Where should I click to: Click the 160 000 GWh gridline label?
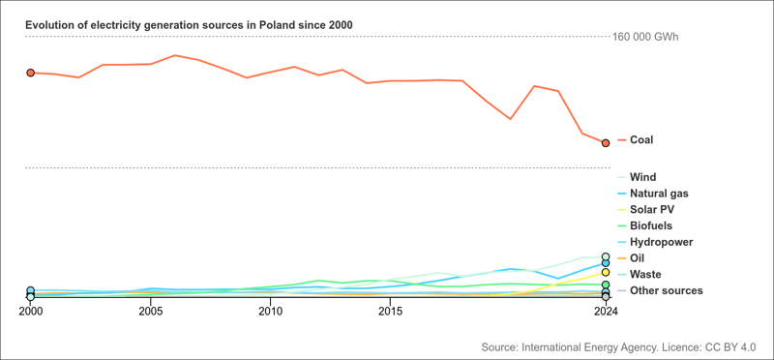(645, 37)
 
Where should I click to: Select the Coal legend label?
(641, 140)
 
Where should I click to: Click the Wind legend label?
(642, 177)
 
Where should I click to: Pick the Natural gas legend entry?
(658, 194)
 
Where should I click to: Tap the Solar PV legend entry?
(652, 210)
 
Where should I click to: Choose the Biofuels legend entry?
(650, 225)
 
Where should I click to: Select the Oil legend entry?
(637, 258)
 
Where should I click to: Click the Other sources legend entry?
(666, 290)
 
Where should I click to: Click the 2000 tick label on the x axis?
(30, 312)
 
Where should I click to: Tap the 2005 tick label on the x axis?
(150, 312)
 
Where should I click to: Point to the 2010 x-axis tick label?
(270, 312)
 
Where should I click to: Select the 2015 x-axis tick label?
(390, 312)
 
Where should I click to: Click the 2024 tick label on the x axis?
(605, 312)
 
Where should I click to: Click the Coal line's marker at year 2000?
(30, 73)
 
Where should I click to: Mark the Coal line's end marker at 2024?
(605, 143)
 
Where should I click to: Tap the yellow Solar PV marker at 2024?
(605, 273)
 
